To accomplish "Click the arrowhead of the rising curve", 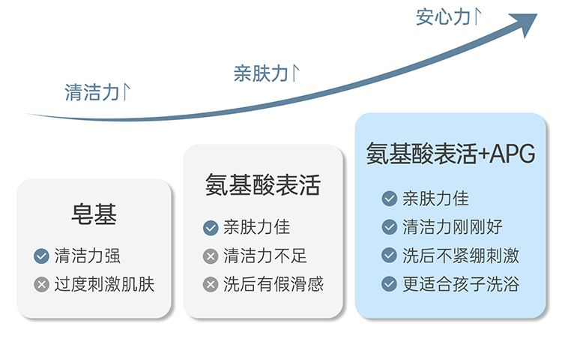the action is pos(526,23).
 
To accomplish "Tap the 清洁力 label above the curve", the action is pos(91,92).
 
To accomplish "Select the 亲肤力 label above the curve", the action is pos(261,73).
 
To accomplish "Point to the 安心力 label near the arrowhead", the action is pos(443,17).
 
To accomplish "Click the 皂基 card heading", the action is pos(94,214).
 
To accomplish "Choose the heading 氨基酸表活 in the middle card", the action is pos(263,185).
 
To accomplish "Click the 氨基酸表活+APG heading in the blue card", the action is pos(450,154).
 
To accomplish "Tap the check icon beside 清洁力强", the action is pos(41,256).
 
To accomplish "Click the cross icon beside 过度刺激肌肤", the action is pos(41,285).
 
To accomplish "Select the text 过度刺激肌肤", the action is pos(104,285).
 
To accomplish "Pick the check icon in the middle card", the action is pos(211,228).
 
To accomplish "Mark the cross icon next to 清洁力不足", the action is pos(211,256).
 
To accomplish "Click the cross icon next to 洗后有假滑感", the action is pos(211,285).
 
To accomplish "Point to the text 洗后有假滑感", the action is pos(274,284).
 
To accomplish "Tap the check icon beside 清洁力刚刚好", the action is pos(389,227).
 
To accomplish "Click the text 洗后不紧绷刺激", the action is pos(461,256).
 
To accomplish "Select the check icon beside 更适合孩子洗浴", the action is pos(389,284).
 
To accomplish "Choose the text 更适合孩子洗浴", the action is pos(461,284).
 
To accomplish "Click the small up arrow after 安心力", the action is pos(477,16).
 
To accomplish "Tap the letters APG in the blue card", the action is pos(513,154).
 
